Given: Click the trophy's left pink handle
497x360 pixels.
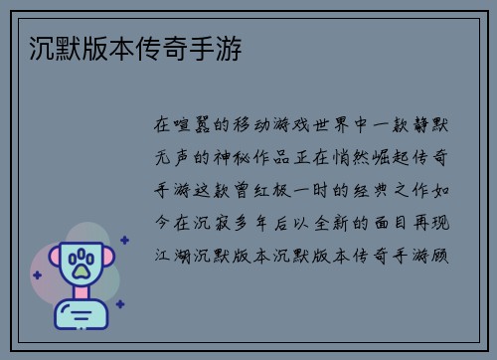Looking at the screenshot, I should tap(51, 261).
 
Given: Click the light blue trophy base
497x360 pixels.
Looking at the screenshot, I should tap(81, 316).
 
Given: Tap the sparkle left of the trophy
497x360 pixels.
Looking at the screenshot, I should tap(36, 272).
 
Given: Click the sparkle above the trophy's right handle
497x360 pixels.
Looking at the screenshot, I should tap(124, 240).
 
